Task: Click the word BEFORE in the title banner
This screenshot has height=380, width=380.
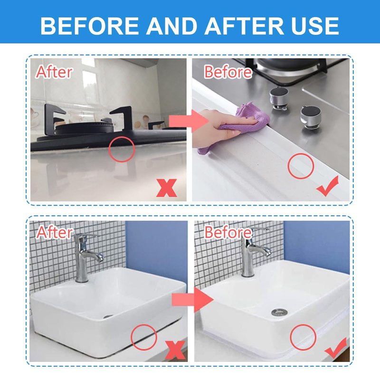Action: (90, 26)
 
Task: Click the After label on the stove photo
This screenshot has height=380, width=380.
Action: (54, 72)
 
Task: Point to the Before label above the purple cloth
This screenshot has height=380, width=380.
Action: (228, 72)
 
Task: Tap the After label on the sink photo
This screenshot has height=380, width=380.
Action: (54, 232)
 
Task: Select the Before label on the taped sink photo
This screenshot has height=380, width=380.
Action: (228, 232)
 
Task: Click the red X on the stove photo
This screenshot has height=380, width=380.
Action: (166, 188)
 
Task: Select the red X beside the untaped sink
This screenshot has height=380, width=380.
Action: (175, 350)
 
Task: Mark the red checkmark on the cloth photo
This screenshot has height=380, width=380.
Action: (328, 186)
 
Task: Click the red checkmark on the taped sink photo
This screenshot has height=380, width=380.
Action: (336, 348)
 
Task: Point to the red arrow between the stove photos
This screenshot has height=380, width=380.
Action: (189, 121)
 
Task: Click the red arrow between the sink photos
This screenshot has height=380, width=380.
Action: (192, 300)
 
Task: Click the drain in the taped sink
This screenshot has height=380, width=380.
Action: (279, 312)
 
